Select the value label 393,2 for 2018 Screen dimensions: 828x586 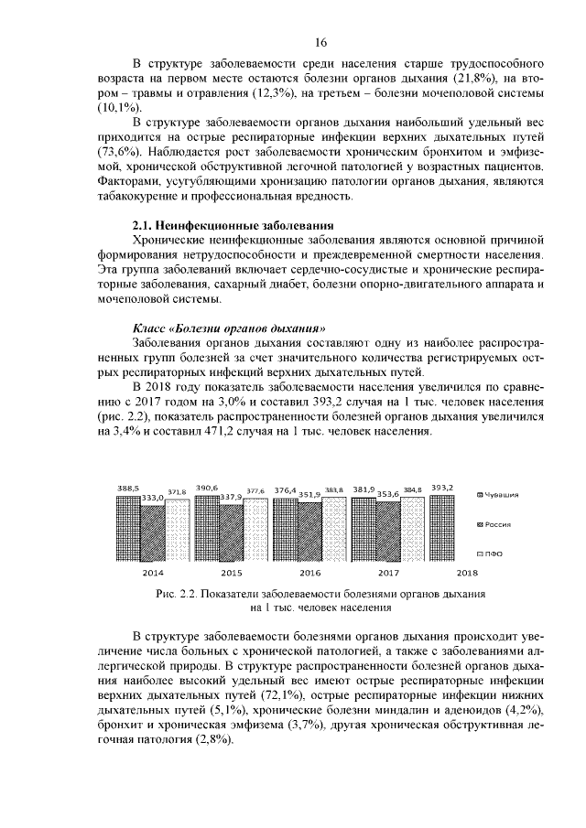coord(442,488)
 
